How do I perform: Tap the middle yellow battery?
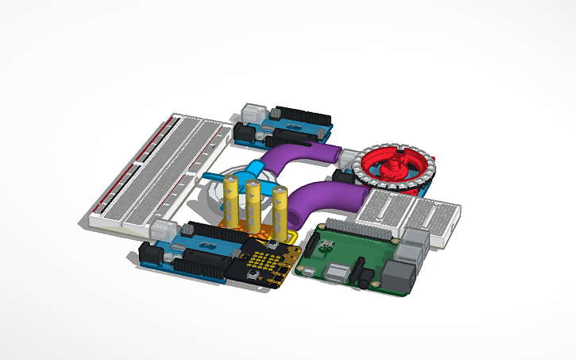click(254, 205)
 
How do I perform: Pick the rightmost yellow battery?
click(280, 209)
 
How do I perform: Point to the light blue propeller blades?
click(238, 173)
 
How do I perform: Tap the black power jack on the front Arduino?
click(149, 254)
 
